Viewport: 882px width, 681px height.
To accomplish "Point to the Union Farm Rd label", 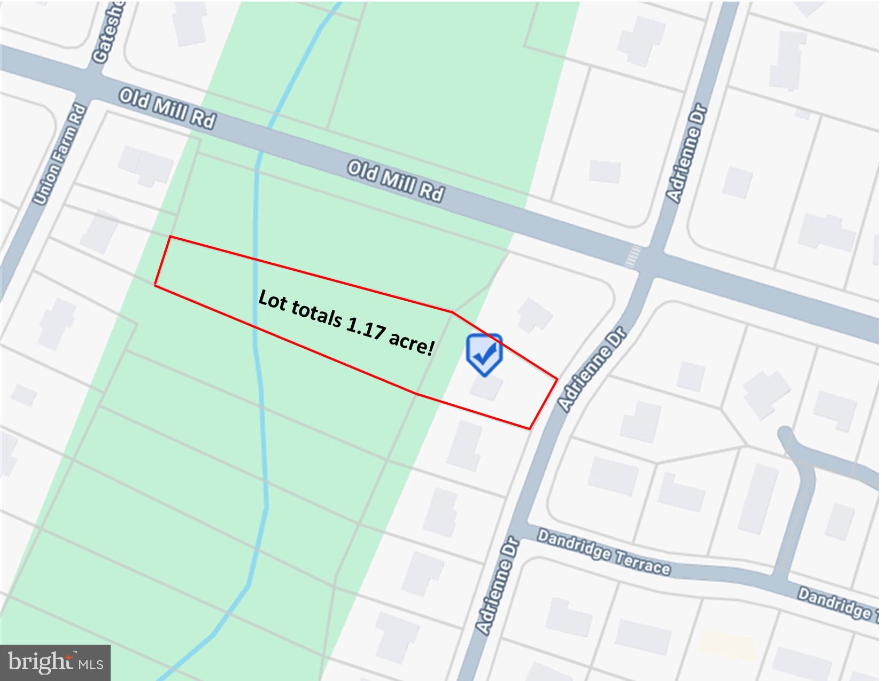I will [60, 155].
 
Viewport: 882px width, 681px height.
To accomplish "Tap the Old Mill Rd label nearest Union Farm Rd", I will [167, 108].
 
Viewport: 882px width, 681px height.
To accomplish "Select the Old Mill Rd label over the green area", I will [396, 182].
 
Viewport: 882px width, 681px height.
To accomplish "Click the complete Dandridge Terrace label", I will [604, 552].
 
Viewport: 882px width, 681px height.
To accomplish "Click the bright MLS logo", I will [56, 663].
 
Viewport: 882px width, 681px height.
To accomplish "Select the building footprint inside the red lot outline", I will [486, 387].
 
